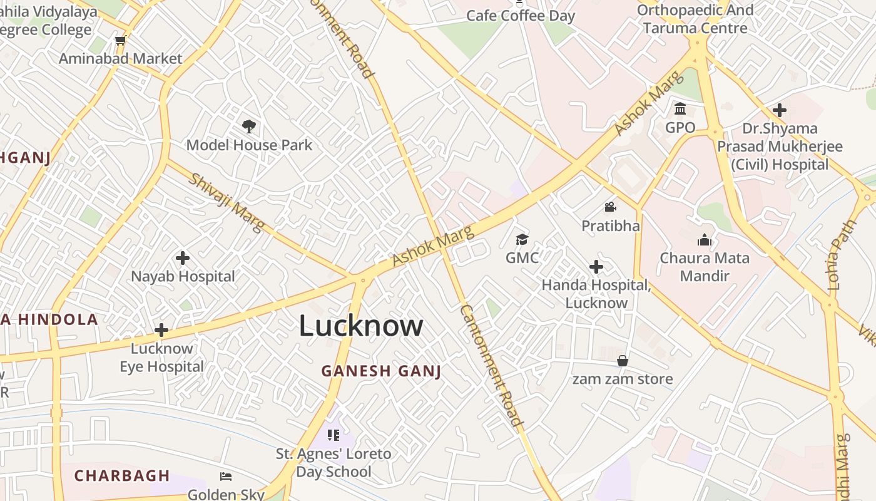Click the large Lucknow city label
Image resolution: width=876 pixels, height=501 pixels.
tap(361, 326)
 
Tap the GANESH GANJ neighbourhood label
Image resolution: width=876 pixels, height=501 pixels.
tap(381, 371)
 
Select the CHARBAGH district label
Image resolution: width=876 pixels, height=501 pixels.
tap(122, 475)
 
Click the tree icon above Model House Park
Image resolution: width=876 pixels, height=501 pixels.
tap(249, 127)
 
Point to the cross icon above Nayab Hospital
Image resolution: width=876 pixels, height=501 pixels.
tap(183, 257)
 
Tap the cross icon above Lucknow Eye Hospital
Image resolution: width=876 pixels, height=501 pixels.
tap(161, 329)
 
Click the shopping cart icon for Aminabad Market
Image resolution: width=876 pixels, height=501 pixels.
tap(120, 41)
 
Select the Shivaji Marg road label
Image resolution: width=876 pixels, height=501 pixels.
tap(227, 202)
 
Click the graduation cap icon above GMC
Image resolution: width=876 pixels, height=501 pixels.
tap(522, 239)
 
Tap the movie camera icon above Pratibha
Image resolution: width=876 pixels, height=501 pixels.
tap(611, 207)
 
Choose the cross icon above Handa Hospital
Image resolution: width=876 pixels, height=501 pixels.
tap(596, 267)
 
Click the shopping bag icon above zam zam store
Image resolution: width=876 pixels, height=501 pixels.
tap(623, 361)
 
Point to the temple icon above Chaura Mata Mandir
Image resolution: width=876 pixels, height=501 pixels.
tap(705, 240)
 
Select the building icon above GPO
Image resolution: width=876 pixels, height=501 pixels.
tap(680, 110)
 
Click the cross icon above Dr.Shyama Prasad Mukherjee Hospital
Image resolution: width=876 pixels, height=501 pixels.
tap(780, 110)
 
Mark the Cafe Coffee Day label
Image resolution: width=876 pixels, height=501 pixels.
tap(521, 16)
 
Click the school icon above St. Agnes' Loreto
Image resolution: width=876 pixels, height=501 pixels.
tap(333, 435)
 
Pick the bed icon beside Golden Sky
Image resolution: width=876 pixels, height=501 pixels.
tap(226, 477)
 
